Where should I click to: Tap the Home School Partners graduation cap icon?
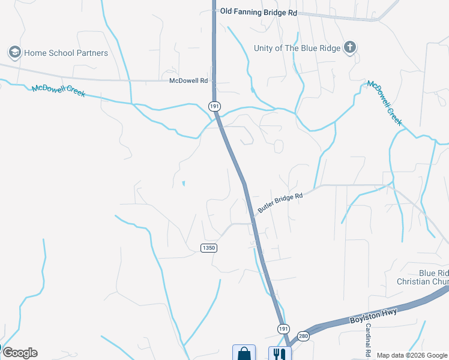15,52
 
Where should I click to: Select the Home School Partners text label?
66,53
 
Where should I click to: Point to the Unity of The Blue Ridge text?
297,48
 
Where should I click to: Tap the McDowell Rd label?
188,80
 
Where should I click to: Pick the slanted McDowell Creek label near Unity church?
384,103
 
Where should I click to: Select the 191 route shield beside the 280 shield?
283,328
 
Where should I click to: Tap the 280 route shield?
303,337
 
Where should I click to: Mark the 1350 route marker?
208,248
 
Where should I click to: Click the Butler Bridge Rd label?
280,203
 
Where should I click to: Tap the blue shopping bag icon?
244,353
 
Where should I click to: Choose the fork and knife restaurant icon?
279,353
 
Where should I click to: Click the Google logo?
20,352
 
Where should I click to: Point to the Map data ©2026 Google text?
412,355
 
